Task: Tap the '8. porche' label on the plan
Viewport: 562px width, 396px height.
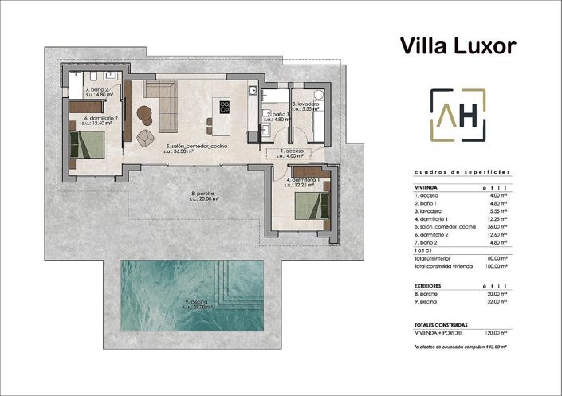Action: coord(205,194)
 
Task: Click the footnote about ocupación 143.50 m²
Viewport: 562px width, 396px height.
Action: coord(461,347)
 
